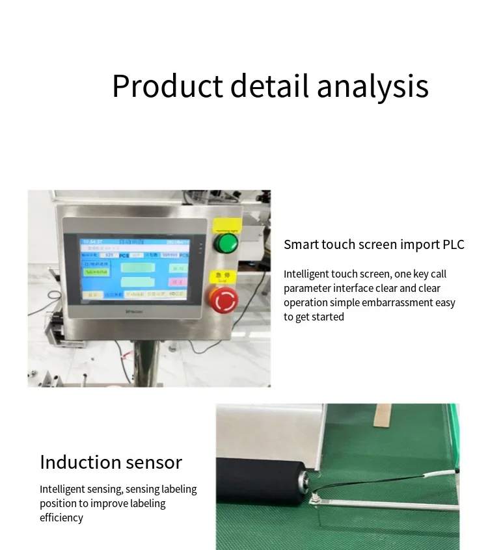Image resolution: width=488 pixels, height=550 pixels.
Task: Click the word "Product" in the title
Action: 167,86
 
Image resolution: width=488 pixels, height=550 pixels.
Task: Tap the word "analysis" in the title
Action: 373,86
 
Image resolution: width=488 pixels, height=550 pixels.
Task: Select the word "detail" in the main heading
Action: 269,86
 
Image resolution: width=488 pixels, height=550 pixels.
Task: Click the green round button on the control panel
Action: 226,244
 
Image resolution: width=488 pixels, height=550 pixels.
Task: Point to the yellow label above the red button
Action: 223,278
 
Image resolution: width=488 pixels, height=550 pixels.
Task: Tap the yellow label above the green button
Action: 226,229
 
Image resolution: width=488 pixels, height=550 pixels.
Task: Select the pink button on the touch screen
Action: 177,282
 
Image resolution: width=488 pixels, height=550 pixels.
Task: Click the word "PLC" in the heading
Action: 454,244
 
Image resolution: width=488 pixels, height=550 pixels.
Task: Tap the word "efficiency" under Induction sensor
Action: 62,517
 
